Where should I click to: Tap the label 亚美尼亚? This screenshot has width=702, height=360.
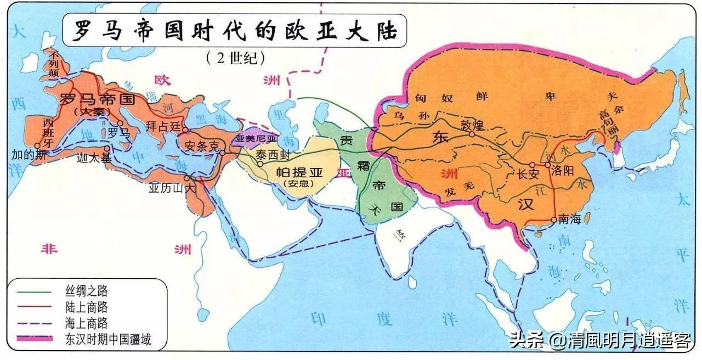257,138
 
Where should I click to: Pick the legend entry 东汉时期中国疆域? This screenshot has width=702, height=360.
107,340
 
